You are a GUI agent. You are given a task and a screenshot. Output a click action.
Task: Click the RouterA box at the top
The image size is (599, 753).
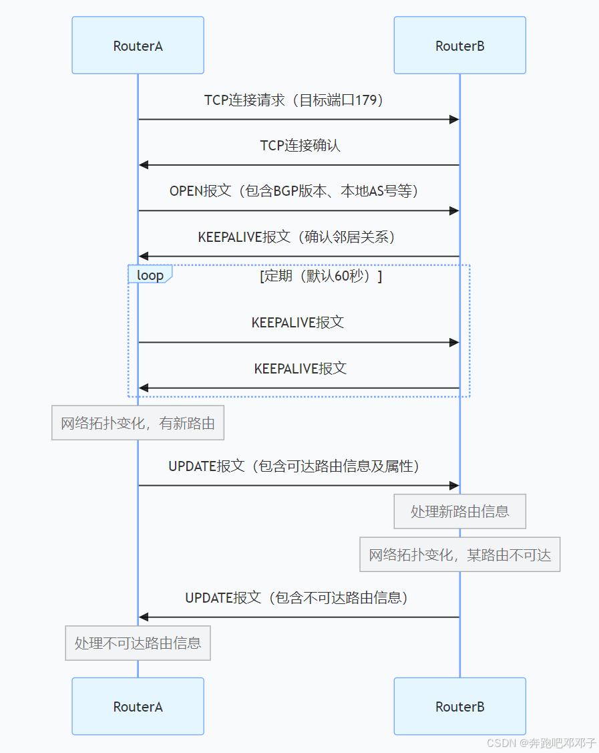tap(138, 45)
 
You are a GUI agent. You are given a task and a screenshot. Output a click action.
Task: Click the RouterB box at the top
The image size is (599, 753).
tap(459, 45)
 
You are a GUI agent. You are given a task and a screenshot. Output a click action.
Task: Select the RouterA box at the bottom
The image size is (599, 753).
tap(138, 706)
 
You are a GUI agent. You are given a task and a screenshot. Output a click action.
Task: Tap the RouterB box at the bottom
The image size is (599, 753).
tap(459, 706)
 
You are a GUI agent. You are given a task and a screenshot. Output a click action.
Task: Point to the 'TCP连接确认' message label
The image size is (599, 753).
tap(300, 146)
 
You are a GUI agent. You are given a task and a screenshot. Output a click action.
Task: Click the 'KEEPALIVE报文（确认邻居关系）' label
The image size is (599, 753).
tap(297, 237)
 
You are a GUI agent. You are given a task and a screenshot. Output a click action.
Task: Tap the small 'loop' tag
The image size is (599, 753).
tap(150, 275)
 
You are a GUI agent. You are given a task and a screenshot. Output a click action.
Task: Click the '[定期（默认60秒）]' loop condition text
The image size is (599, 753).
tap(321, 275)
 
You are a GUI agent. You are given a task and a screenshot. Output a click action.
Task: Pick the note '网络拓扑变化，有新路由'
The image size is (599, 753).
tap(138, 423)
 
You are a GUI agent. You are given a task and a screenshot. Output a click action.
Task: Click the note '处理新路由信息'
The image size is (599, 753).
tap(459, 512)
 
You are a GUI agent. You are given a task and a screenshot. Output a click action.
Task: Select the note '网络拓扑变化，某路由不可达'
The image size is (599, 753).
tap(459, 555)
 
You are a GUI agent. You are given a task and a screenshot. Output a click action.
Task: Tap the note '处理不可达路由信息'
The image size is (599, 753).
tap(138, 643)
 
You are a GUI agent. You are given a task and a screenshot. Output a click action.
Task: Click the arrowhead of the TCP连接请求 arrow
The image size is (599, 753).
tap(455, 120)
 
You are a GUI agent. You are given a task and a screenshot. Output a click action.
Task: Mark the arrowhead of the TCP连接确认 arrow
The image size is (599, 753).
tap(143, 165)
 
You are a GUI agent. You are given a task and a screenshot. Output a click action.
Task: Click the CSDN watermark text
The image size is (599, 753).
tap(541, 743)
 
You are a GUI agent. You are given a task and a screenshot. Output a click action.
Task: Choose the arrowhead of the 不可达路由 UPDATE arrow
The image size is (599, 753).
tap(143, 617)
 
